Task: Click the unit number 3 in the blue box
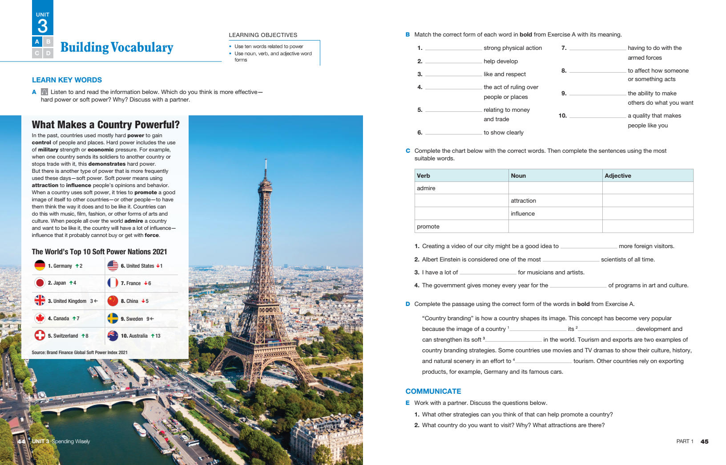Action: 43,26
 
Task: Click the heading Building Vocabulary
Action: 117,47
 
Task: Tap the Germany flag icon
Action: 40,265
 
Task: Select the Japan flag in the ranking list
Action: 40,283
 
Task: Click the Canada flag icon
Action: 40,318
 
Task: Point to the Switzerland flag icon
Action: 40,335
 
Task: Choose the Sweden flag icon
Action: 113,318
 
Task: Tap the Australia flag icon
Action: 113,335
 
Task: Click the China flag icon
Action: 113,301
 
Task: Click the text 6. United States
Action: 137,266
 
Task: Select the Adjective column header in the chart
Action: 618,175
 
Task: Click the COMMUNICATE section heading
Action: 433,391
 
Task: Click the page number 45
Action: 704,441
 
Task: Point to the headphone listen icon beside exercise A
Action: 44,92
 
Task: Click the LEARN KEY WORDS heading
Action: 67,80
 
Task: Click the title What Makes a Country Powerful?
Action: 105,125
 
